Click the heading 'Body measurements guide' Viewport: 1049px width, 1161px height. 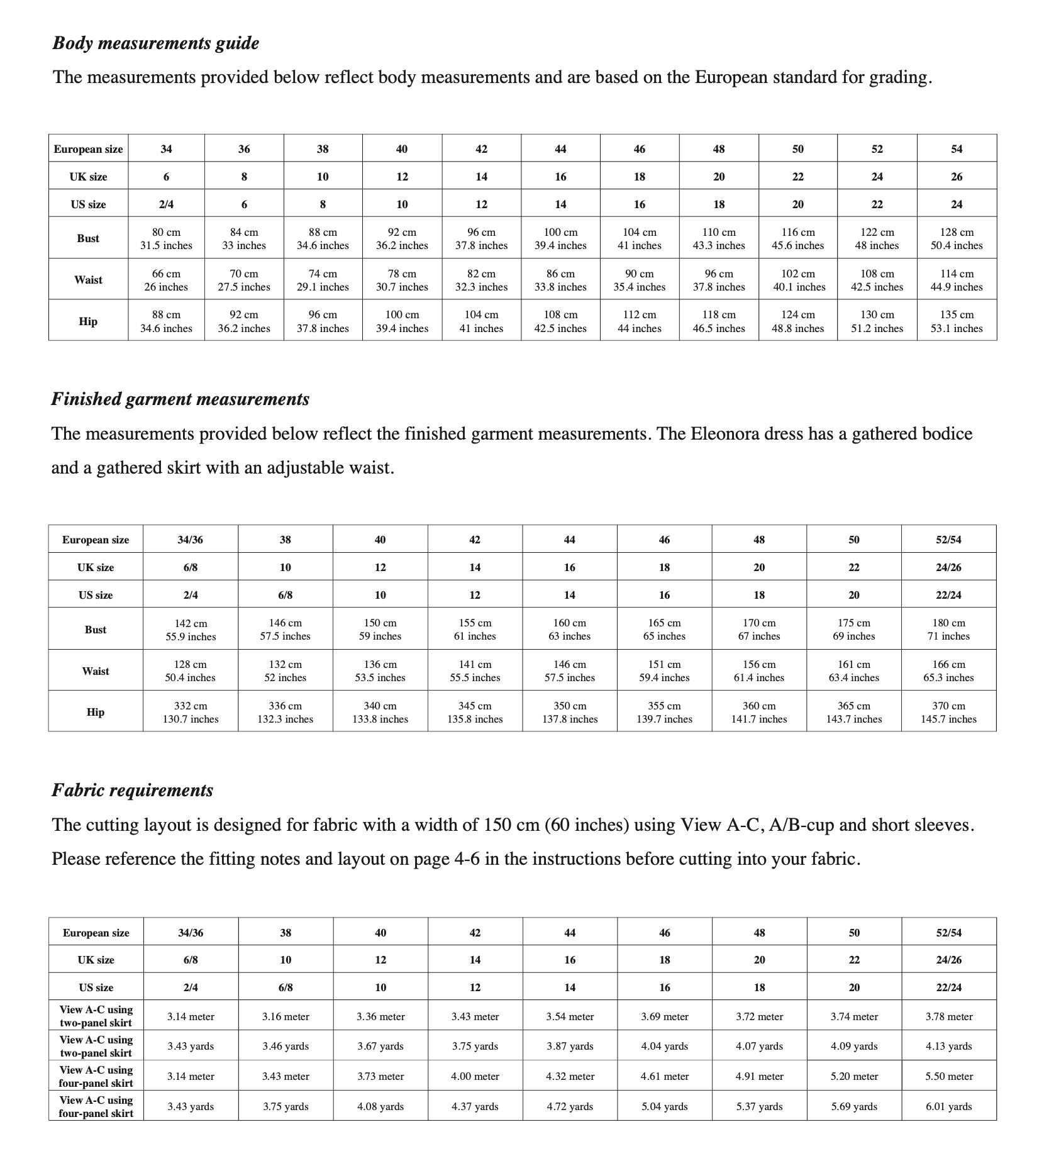[155, 43]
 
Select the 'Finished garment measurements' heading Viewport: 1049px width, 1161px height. [180, 399]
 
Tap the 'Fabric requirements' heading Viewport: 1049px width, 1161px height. [133, 791]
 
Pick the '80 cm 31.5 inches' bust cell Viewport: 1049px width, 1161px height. [166, 239]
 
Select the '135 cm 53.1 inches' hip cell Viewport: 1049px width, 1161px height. [957, 321]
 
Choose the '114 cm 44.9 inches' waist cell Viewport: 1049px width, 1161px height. [957, 281]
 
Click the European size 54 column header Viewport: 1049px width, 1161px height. [957, 149]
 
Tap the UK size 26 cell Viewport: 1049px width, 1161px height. [957, 177]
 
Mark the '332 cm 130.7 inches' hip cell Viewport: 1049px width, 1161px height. [191, 713]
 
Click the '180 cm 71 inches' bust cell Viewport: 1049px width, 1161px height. [948, 630]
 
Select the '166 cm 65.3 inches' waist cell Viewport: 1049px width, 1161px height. [948, 671]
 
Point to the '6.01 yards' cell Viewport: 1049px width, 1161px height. [948, 1106]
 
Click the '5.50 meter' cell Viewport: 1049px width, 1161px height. [948, 1077]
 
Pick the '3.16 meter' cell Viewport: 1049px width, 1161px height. [286, 1017]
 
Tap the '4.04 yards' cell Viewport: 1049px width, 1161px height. [665, 1047]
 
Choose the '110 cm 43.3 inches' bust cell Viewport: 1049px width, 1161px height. [719, 239]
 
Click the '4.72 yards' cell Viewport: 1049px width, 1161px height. [570, 1106]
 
